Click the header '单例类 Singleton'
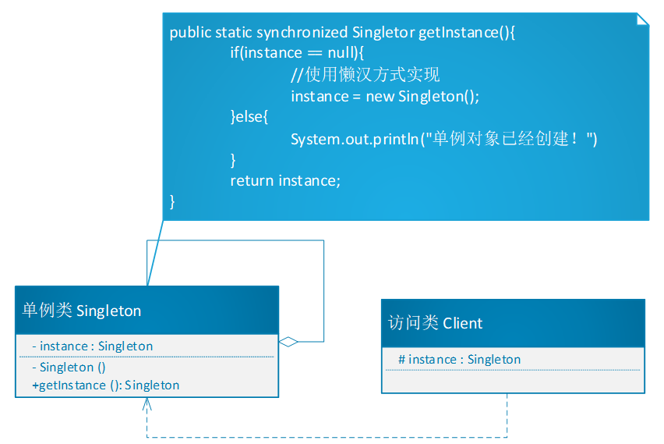click(x=82, y=311)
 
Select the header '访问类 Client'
click(x=435, y=323)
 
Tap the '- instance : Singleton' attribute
click(x=92, y=346)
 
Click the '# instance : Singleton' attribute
click(x=459, y=359)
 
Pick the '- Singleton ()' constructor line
click(x=69, y=367)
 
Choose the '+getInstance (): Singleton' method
click(x=106, y=385)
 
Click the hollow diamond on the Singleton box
click(x=288, y=341)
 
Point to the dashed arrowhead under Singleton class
click(x=147, y=405)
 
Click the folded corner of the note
click(x=642, y=19)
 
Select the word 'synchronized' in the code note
click(x=302, y=32)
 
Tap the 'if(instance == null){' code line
click(x=297, y=53)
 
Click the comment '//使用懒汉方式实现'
click(x=365, y=75)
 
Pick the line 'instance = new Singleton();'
click(x=384, y=96)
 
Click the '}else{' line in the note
click(x=249, y=117)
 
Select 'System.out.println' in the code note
click(x=355, y=139)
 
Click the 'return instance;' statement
click(x=285, y=180)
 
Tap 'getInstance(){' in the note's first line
click(x=468, y=32)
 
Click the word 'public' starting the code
click(x=189, y=32)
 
